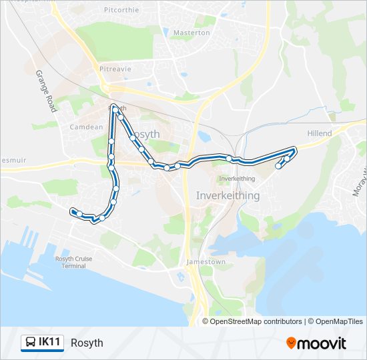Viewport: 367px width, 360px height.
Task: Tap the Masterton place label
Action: pos(192,33)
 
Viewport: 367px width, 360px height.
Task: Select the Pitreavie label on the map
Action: pos(115,69)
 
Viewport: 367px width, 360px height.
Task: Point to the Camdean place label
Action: pos(86,127)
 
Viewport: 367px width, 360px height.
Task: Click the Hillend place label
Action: pos(319,133)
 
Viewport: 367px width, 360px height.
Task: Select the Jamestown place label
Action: pos(206,263)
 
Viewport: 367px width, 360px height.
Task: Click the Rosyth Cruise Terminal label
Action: pos(70,262)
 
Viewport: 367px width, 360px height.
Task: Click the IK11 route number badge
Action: pos(50,343)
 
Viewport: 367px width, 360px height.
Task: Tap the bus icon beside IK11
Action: pos(31,343)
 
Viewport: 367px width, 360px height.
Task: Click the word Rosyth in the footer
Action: pos(87,343)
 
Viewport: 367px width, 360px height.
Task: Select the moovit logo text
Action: pos(322,343)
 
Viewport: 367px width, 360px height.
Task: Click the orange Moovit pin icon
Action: pos(291,343)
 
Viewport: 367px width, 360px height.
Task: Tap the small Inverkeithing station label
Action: pos(237,179)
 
